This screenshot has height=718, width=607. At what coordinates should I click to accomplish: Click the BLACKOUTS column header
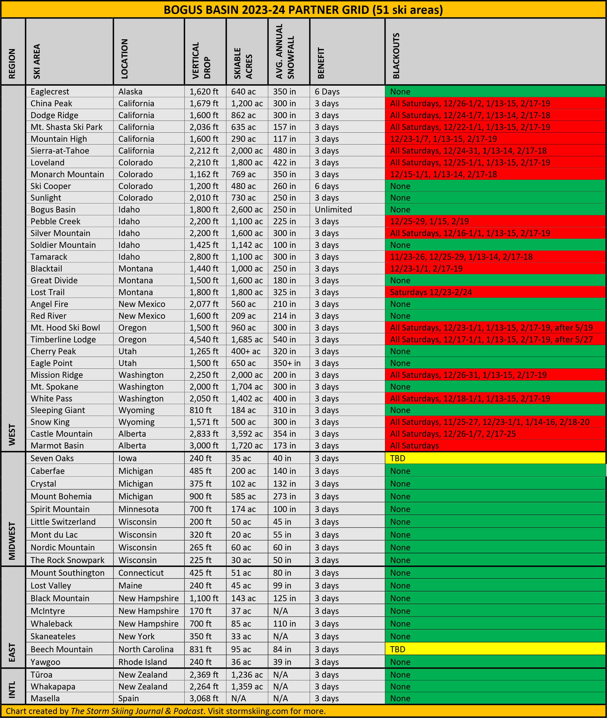point(396,56)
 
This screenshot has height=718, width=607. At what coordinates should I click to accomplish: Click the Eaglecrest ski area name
point(50,92)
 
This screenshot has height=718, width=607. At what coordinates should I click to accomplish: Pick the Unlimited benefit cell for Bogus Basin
point(333,210)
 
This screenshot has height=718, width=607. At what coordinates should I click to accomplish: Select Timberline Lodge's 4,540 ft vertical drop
point(204,339)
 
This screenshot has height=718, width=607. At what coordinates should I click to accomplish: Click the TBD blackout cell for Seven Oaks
point(397,458)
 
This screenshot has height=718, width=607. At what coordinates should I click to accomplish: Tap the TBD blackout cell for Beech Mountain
point(397,649)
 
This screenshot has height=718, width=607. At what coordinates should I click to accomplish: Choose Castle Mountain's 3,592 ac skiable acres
point(247,434)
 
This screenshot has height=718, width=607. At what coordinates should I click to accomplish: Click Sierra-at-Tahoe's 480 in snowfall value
point(284,151)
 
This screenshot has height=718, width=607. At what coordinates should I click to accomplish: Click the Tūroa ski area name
point(41,675)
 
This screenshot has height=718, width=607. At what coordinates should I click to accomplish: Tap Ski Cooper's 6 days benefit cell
point(327,186)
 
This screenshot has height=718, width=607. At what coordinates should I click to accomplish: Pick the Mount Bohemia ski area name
point(61,496)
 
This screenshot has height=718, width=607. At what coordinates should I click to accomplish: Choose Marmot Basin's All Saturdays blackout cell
point(414,446)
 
